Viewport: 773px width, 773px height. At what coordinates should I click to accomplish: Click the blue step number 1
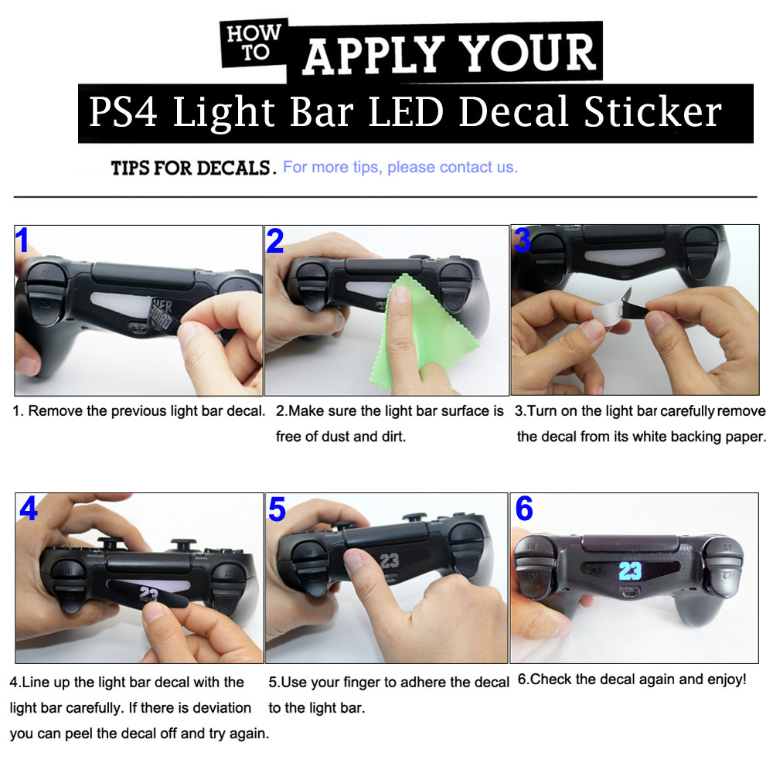coord(23,240)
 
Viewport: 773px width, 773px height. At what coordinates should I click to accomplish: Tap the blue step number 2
coord(274,241)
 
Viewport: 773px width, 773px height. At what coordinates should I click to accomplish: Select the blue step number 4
coord(29,508)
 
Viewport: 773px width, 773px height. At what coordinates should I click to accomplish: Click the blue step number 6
coord(524,509)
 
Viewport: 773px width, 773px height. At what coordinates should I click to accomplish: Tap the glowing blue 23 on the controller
coord(630,571)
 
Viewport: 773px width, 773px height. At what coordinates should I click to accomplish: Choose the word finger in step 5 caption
coord(374,683)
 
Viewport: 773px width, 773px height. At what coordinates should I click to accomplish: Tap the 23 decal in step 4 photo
coord(148,593)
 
